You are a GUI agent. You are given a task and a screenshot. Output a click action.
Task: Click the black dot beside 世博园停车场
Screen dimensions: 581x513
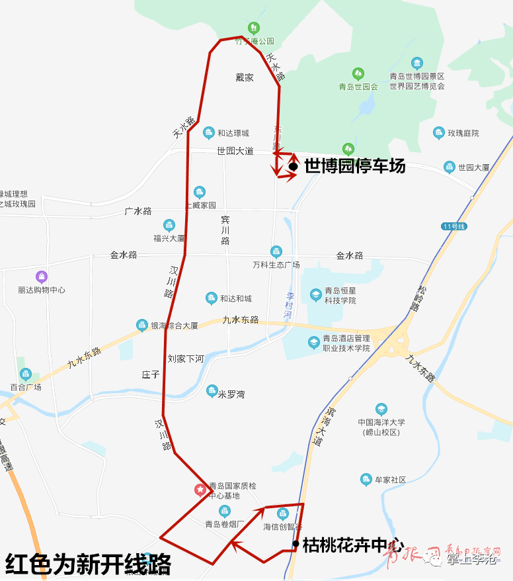(x=293, y=166)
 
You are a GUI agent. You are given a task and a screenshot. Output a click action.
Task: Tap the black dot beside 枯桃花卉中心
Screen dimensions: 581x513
(x=296, y=544)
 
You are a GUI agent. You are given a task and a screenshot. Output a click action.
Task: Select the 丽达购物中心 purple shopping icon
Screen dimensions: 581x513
(x=42, y=276)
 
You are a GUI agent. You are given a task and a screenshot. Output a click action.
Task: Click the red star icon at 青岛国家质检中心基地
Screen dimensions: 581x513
(x=199, y=490)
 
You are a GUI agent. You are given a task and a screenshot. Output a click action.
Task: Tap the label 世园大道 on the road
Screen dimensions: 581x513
(x=235, y=151)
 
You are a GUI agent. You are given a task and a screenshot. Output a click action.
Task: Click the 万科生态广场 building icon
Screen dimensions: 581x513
(x=276, y=251)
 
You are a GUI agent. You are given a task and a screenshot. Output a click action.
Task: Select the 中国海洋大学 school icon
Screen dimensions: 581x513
(x=381, y=409)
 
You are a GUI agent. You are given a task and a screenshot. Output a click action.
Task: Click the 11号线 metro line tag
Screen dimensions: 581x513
(x=455, y=226)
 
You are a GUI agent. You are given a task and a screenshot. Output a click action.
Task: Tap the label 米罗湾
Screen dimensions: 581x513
(x=231, y=394)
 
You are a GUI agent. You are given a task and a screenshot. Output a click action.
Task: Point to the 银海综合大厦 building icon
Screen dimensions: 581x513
(x=141, y=325)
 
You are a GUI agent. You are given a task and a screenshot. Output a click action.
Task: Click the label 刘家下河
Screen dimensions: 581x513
(x=186, y=359)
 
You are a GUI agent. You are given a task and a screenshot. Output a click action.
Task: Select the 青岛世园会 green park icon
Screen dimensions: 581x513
(x=358, y=73)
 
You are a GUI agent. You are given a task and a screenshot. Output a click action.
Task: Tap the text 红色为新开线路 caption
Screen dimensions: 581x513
(x=88, y=564)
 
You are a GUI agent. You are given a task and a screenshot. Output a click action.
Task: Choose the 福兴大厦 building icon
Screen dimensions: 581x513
(x=169, y=225)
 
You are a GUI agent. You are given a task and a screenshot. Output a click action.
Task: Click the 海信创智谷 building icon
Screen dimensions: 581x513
(x=283, y=514)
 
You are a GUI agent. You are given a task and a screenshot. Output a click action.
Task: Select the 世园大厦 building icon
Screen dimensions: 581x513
(x=450, y=167)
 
